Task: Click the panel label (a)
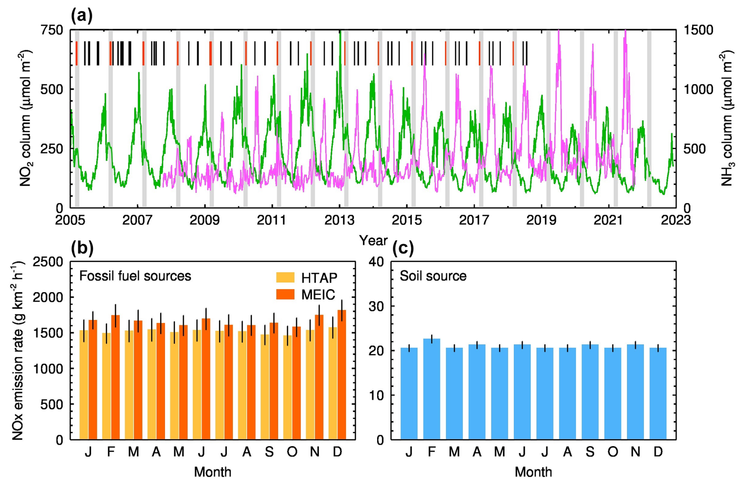pos(82,16)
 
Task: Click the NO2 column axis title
pos(26,118)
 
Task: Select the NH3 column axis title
pos(727,118)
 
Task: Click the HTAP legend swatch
pos(285,277)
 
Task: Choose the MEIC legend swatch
pos(285,294)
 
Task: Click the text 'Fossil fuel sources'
pos(135,276)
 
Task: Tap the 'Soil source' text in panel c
pos(433,276)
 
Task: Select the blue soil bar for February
pos(431,389)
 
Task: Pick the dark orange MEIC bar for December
pos(342,376)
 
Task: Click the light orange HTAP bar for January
pos(84,385)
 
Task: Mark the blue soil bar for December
pos(658,393)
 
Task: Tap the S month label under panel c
pos(590,452)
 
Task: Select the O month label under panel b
pos(292,452)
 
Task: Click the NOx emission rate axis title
pos(18,350)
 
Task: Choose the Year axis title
pos(373,240)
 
